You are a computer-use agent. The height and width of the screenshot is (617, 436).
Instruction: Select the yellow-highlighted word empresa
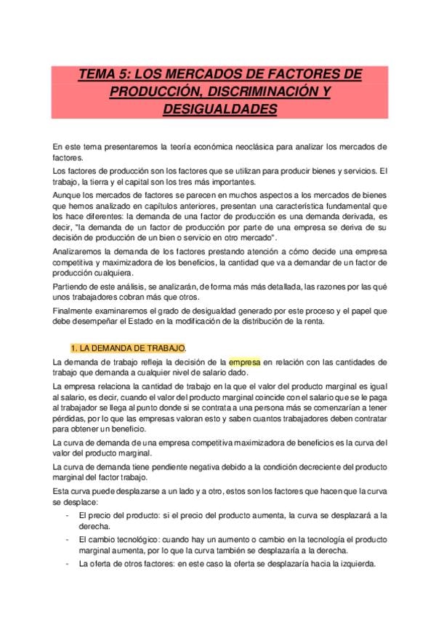click(x=245, y=362)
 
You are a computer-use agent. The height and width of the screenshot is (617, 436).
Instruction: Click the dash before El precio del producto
click(x=67, y=515)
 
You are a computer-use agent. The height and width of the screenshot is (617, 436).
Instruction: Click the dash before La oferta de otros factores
click(x=67, y=563)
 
